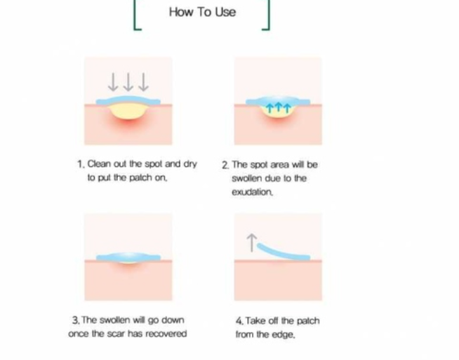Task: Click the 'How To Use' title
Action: click(202, 12)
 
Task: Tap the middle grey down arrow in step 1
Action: click(128, 82)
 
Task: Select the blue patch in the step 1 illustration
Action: click(128, 100)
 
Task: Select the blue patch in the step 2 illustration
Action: click(278, 100)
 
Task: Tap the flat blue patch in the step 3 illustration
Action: click(128, 257)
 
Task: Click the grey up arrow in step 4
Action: click(251, 242)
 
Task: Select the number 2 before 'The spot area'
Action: click(225, 165)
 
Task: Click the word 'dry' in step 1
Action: click(190, 164)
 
